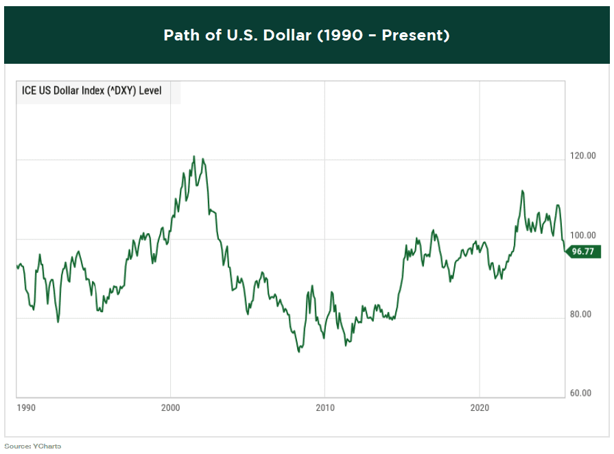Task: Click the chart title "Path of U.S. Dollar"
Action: pos(306,35)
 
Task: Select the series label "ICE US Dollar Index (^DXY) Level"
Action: pos(92,91)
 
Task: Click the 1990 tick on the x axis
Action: pos(26,407)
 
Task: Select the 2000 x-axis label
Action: pos(171,407)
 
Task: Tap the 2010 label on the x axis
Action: pos(325,407)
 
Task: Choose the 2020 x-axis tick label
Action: pos(480,407)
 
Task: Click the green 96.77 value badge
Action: pos(583,252)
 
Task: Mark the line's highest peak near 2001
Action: pos(193,156)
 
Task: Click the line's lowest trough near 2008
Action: pos(299,352)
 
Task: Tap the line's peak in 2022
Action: pos(523,191)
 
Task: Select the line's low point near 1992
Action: pos(58,322)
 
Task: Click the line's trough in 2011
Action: pos(346,344)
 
